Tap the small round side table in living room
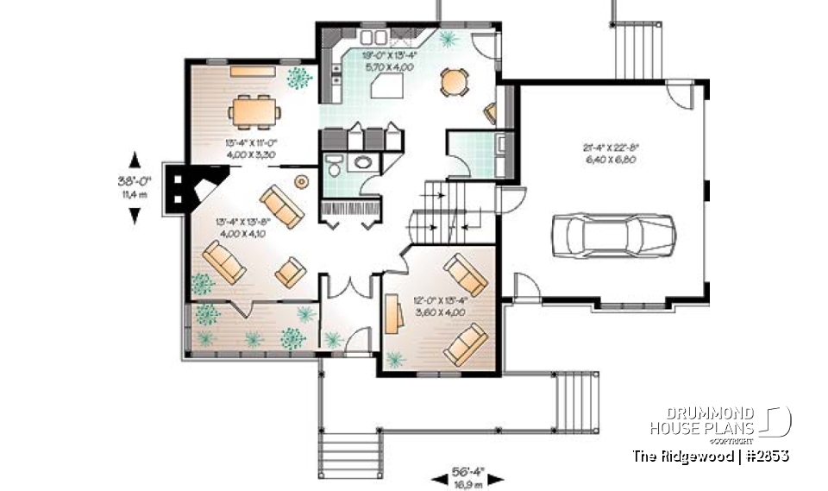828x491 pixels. point(301,182)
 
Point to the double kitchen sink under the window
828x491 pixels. point(373,37)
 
